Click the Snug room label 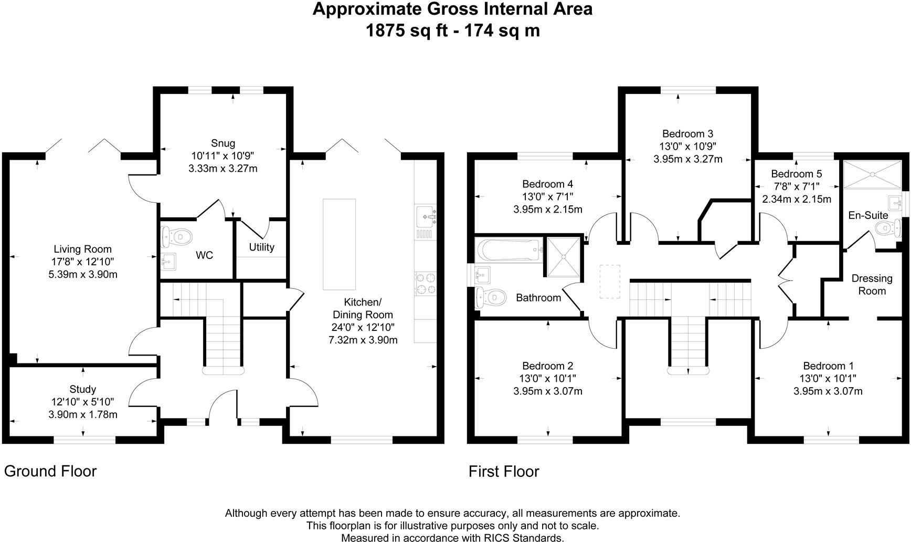tap(223, 143)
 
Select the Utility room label tap(261, 247)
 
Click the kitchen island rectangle tap(339, 244)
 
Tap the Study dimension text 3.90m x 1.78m tap(83, 414)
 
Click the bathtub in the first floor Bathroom tap(509, 250)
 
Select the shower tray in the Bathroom tap(564, 257)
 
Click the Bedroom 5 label tap(796, 174)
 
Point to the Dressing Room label tap(872, 284)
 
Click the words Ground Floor tap(50, 471)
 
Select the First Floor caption tap(504, 471)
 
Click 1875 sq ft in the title tap(407, 30)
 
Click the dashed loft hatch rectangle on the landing tap(609, 282)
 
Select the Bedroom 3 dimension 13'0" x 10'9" tap(687, 146)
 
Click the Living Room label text tap(83, 249)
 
